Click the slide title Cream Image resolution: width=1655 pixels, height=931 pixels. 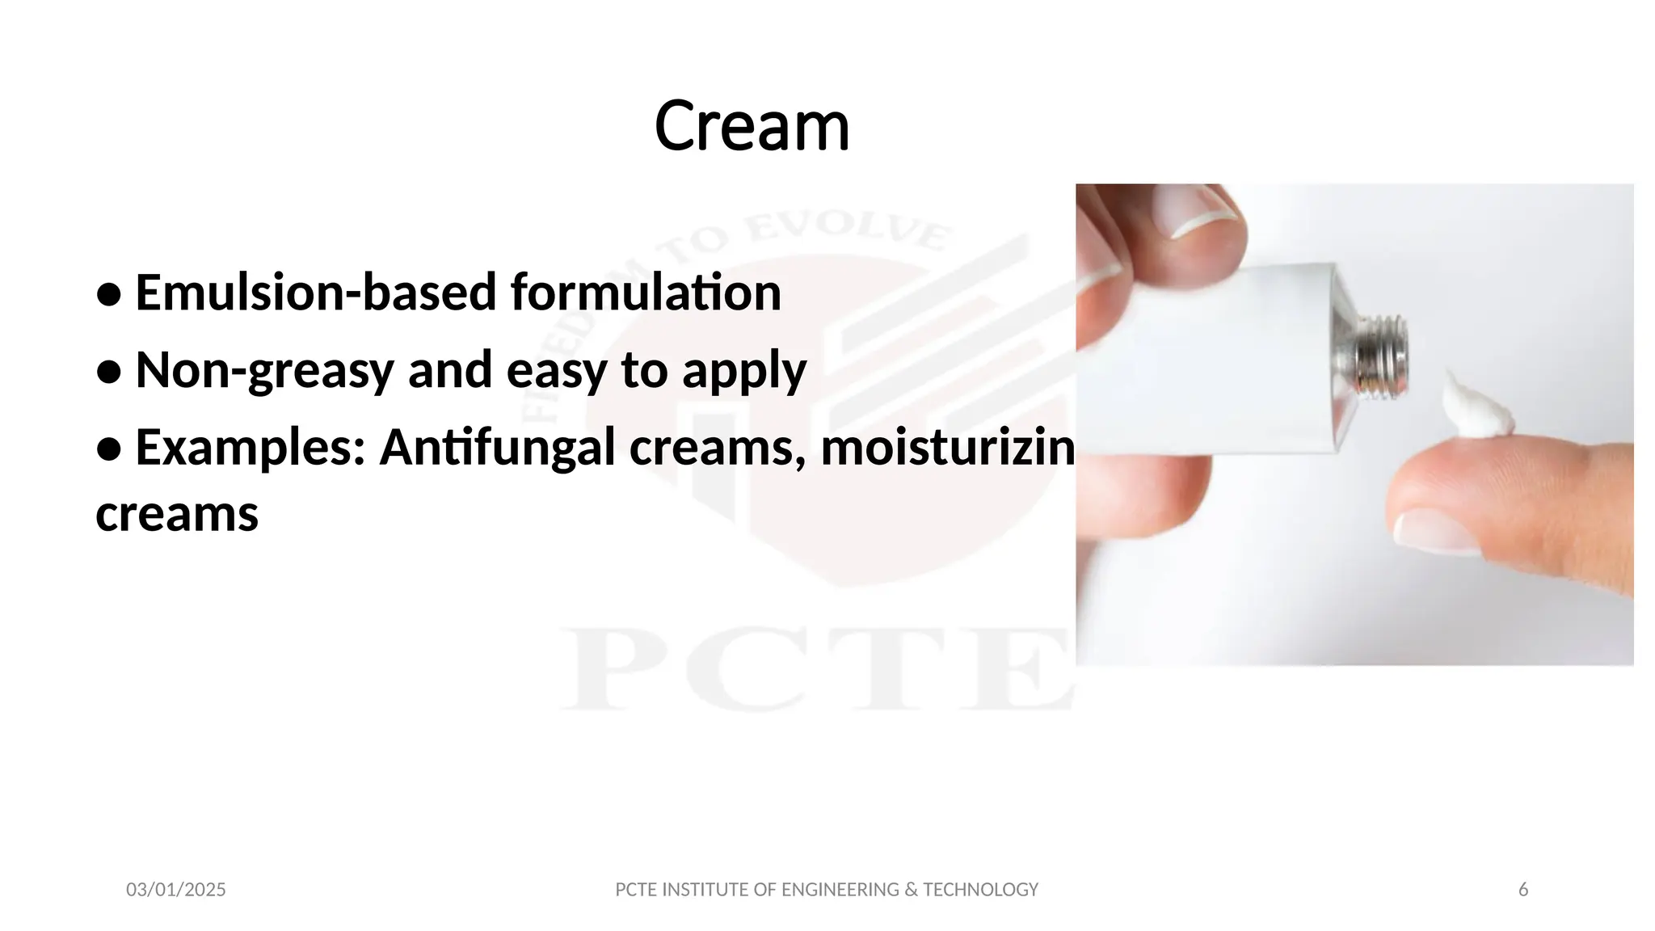(752, 126)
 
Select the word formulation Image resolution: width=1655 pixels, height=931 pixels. (646, 293)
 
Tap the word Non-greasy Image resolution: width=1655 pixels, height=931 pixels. (263, 370)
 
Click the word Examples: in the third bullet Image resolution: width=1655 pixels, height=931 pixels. (251, 448)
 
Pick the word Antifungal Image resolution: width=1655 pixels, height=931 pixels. (497, 448)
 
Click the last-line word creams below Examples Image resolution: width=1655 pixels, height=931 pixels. (177, 514)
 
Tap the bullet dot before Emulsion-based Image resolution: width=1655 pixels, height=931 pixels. (108, 295)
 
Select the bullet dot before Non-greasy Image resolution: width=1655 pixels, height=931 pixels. (108, 373)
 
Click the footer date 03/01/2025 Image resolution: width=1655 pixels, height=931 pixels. (176, 890)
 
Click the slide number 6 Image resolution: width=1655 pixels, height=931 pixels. (1523, 890)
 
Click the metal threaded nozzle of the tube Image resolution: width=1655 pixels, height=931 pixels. (1383, 356)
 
